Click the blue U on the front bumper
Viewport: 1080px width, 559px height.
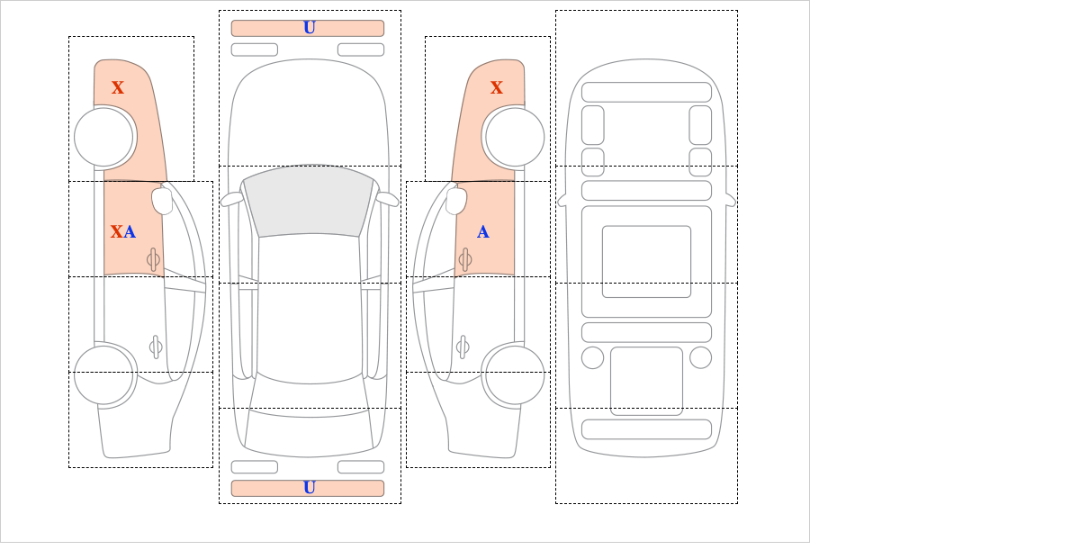310,28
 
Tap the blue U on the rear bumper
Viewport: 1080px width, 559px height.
310,488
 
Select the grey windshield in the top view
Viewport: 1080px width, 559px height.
309,201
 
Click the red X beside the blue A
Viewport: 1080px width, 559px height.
116,232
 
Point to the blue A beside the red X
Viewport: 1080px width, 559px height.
130,232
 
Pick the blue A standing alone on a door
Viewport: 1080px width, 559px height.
483,232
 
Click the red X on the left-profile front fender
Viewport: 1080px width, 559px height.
118,87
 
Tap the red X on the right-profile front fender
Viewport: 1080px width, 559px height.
497,87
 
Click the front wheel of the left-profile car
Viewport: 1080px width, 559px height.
103,137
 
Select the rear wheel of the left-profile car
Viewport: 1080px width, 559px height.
103,374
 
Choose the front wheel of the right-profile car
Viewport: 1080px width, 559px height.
515,137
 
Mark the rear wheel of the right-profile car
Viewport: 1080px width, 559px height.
515,374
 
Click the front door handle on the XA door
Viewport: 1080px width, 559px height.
153,260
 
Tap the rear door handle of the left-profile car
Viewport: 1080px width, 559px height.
156,347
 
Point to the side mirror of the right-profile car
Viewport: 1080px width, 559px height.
456,201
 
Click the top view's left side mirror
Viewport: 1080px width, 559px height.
231,199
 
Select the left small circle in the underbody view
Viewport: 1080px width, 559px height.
592,358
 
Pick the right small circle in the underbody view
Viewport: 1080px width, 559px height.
700,358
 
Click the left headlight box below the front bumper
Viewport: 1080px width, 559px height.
255,50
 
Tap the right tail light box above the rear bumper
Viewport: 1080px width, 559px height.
361,467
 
